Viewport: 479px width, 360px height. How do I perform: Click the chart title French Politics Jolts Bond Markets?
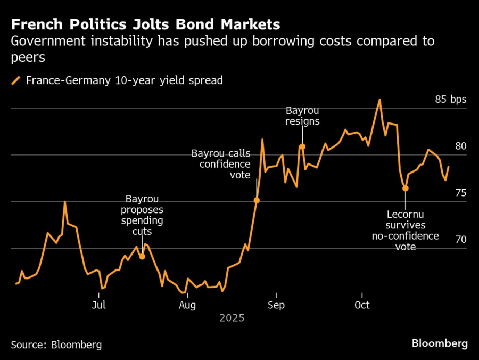point(146,24)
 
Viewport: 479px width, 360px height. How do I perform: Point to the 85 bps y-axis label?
point(450,100)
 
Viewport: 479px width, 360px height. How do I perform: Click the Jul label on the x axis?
point(99,305)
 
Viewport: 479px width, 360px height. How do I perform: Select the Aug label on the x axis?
point(187,305)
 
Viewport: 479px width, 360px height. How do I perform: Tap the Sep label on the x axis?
point(276,305)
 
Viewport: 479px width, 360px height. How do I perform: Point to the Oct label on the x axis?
point(362,305)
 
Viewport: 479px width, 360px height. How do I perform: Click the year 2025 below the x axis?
point(232,318)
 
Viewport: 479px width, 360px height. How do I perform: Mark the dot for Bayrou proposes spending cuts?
point(142,257)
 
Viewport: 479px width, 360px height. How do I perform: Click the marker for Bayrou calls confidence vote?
point(257,200)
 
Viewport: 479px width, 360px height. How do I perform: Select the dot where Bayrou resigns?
point(302,146)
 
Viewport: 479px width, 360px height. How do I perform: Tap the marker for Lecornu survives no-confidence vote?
point(406,189)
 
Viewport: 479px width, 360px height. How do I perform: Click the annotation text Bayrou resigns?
point(302,116)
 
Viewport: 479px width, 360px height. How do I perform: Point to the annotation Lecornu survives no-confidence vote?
point(406,230)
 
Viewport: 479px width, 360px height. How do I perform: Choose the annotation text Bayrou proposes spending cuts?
point(142,215)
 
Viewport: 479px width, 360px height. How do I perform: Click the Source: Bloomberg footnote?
point(56,345)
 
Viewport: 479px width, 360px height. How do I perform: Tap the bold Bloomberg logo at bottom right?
point(440,343)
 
